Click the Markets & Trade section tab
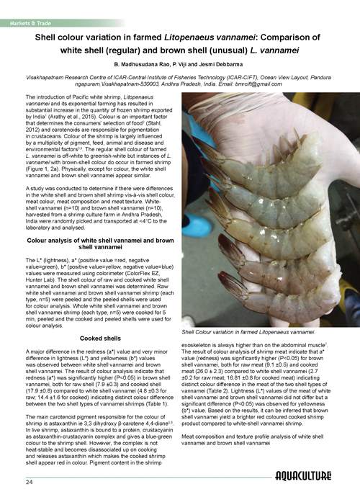tap(29, 6)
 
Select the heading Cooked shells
tap(101, 318)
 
